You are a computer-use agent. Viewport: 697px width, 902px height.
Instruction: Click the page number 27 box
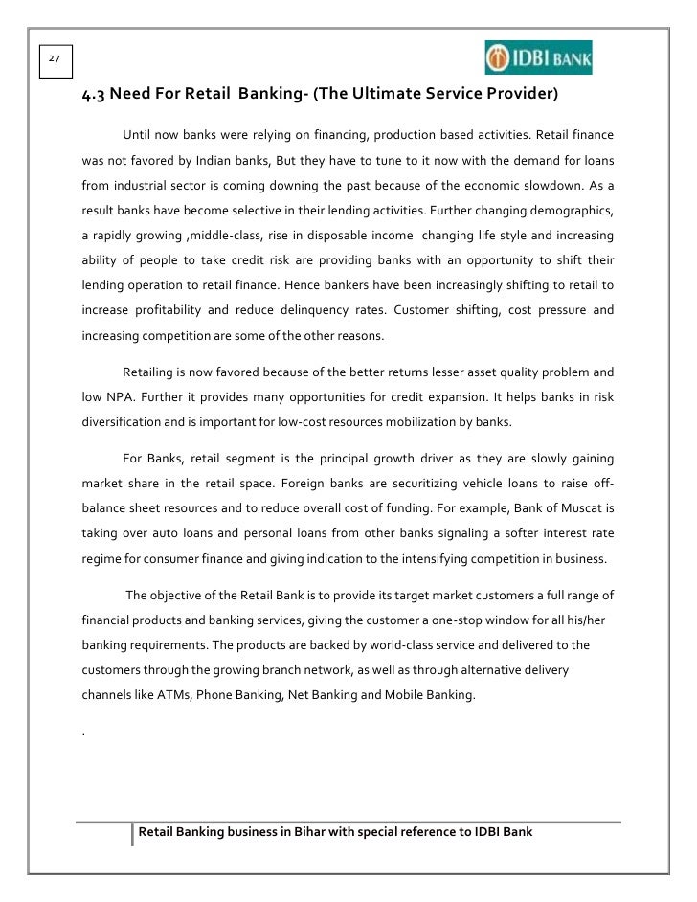pyautogui.click(x=54, y=59)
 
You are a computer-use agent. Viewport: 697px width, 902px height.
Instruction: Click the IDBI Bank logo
pyautogui.click(x=538, y=57)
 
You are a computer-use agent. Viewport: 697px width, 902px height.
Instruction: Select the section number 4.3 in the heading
pyautogui.click(x=95, y=95)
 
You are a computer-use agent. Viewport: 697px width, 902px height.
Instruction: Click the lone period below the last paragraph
pyautogui.click(x=85, y=733)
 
